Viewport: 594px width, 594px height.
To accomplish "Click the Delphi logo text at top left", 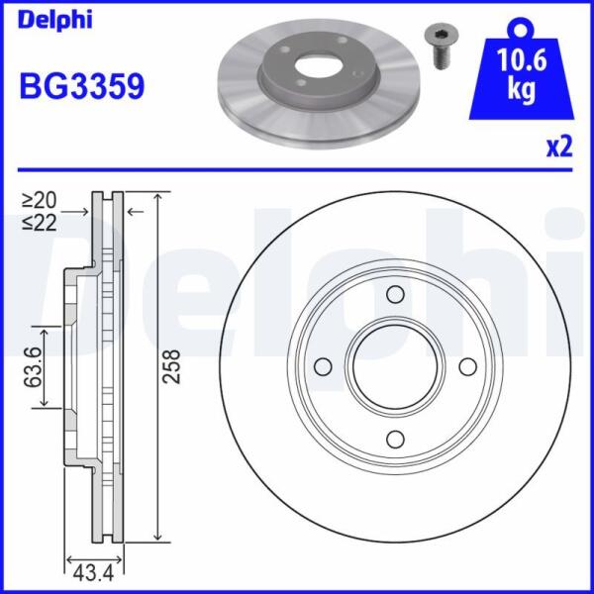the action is coord(54,20).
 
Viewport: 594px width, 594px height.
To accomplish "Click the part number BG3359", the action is coord(82,86).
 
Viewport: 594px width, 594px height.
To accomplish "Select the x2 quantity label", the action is coord(559,148).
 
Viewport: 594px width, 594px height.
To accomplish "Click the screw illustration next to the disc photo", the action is coord(441,48).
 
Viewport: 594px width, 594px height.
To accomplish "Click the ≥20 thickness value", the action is coord(40,200).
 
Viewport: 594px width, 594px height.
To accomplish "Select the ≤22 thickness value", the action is coord(40,223).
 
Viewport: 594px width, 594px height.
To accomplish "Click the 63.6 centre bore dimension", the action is coord(33,366).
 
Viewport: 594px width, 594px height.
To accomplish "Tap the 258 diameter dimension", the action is coord(171,366).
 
